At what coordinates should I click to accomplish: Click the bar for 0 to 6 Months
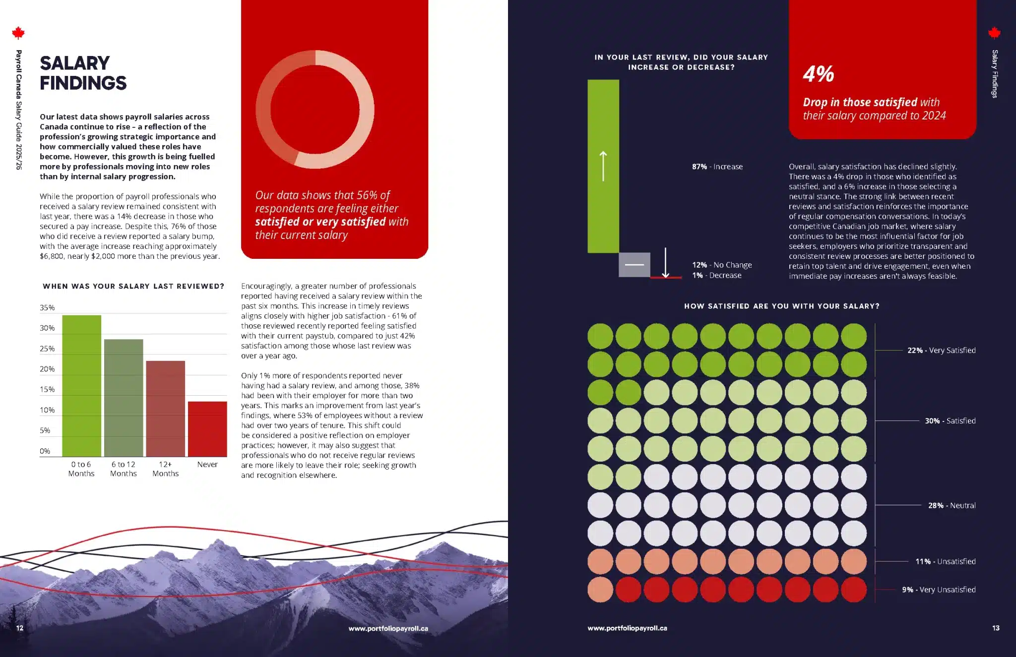[81, 386]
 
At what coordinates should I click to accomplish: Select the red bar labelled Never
[207, 429]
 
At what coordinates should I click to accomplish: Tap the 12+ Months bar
[165, 409]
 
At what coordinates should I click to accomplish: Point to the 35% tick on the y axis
[47, 307]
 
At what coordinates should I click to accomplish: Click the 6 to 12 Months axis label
[123, 469]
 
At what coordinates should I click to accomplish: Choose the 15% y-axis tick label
[47, 389]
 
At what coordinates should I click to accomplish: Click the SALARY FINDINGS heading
[83, 73]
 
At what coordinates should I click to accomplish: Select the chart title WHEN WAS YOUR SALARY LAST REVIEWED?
[133, 286]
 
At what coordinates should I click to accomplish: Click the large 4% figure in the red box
[818, 74]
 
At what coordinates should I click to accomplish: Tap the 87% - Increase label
[717, 167]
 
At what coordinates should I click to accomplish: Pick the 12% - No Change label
[722, 265]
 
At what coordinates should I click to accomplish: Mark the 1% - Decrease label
[717, 275]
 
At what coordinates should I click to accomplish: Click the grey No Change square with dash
[634, 264]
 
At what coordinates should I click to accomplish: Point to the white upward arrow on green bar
[603, 166]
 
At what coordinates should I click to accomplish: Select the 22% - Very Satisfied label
[941, 350]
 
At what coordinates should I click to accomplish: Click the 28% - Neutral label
[952, 505]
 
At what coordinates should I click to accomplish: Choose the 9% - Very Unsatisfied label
[939, 590]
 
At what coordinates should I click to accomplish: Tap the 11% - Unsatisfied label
[945, 561]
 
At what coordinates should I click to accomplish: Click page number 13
[995, 628]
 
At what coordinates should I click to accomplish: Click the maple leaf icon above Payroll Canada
[18, 33]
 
